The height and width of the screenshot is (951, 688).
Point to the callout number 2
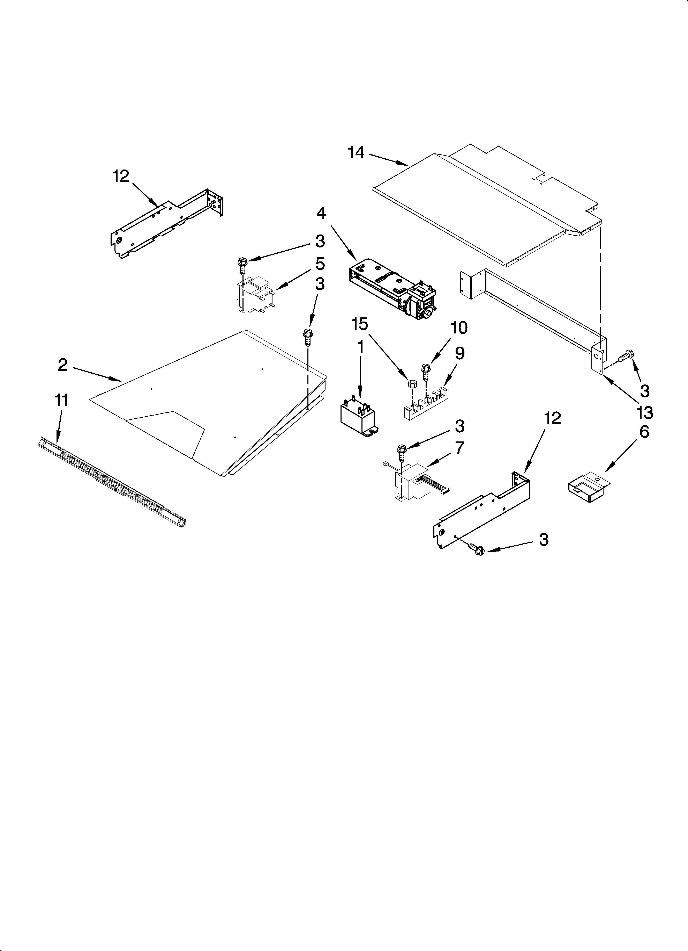pyautogui.click(x=62, y=365)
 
